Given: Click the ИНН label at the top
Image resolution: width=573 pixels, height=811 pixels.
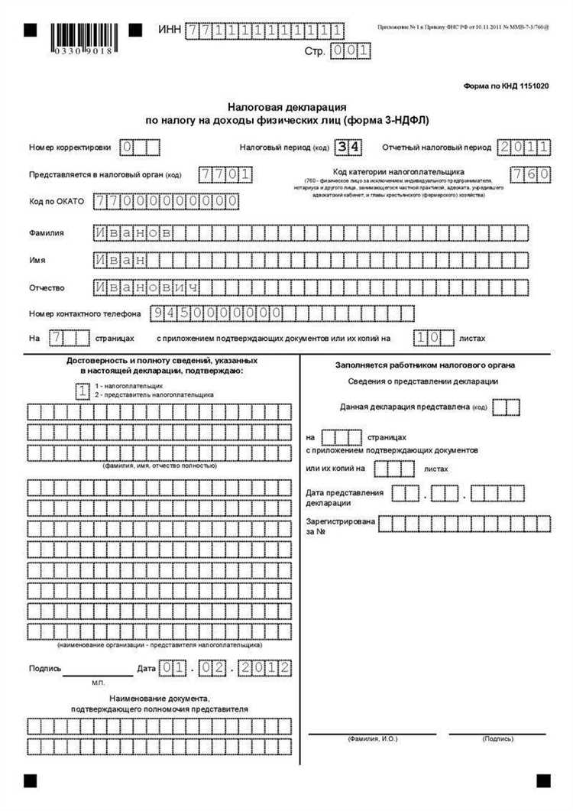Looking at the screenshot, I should click(x=169, y=30).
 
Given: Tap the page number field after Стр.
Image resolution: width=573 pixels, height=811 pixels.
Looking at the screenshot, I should click(x=351, y=51).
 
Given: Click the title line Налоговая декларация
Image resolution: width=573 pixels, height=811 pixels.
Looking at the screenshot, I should click(x=287, y=109).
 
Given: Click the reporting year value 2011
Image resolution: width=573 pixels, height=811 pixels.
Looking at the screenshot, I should click(x=523, y=147).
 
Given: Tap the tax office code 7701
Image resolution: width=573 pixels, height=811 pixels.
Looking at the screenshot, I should click(x=225, y=174).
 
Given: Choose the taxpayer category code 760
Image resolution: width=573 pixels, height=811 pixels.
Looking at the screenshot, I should click(x=530, y=174).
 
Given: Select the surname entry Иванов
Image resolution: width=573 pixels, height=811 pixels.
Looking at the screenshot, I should click(x=133, y=232).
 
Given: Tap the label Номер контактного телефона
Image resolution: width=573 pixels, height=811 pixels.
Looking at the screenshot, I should click(x=85, y=313).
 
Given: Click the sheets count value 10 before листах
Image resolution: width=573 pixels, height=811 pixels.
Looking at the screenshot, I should click(x=426, y=337).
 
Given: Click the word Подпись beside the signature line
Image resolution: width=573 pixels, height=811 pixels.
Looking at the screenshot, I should click(x=44, y=668).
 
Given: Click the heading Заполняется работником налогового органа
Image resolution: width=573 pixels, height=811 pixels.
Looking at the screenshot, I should click(x=424, y=365).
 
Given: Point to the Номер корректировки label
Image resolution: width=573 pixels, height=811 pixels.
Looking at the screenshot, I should click(x=70, y=147).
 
